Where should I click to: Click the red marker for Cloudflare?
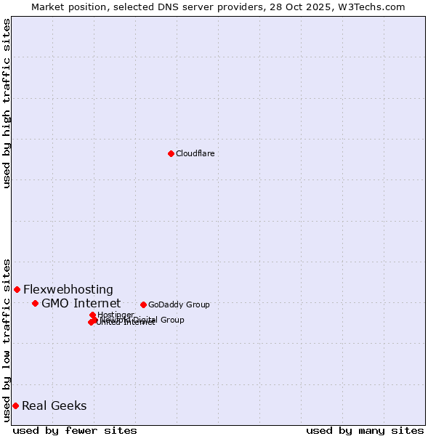click(x=171, y=153)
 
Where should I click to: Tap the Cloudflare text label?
click(x=195, y=153)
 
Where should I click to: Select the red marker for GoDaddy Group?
click(x=143, y=304)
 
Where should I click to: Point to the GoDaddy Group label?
click(x=179, y=304)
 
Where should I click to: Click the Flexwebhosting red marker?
click(x=17, y=289)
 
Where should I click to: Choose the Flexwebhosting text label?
click(x=68, y=289)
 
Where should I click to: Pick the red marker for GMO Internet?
click(x=35, y=303)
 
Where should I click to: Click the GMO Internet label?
click(x=81, y=303)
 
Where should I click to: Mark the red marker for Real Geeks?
click(x=15, y=405)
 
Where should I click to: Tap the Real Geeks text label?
click(x=54, y=405)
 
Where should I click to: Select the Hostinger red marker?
click(x=92, y=315)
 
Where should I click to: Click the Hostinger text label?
click(x=116, y=315)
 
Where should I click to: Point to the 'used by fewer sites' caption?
click(x=75, y=430)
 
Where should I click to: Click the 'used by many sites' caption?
click(x=365, y=430)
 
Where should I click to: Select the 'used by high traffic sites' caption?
click(x=7, y=103)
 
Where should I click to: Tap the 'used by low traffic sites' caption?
click(x=7, y=340)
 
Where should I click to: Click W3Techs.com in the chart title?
click(x=374, y=7)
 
